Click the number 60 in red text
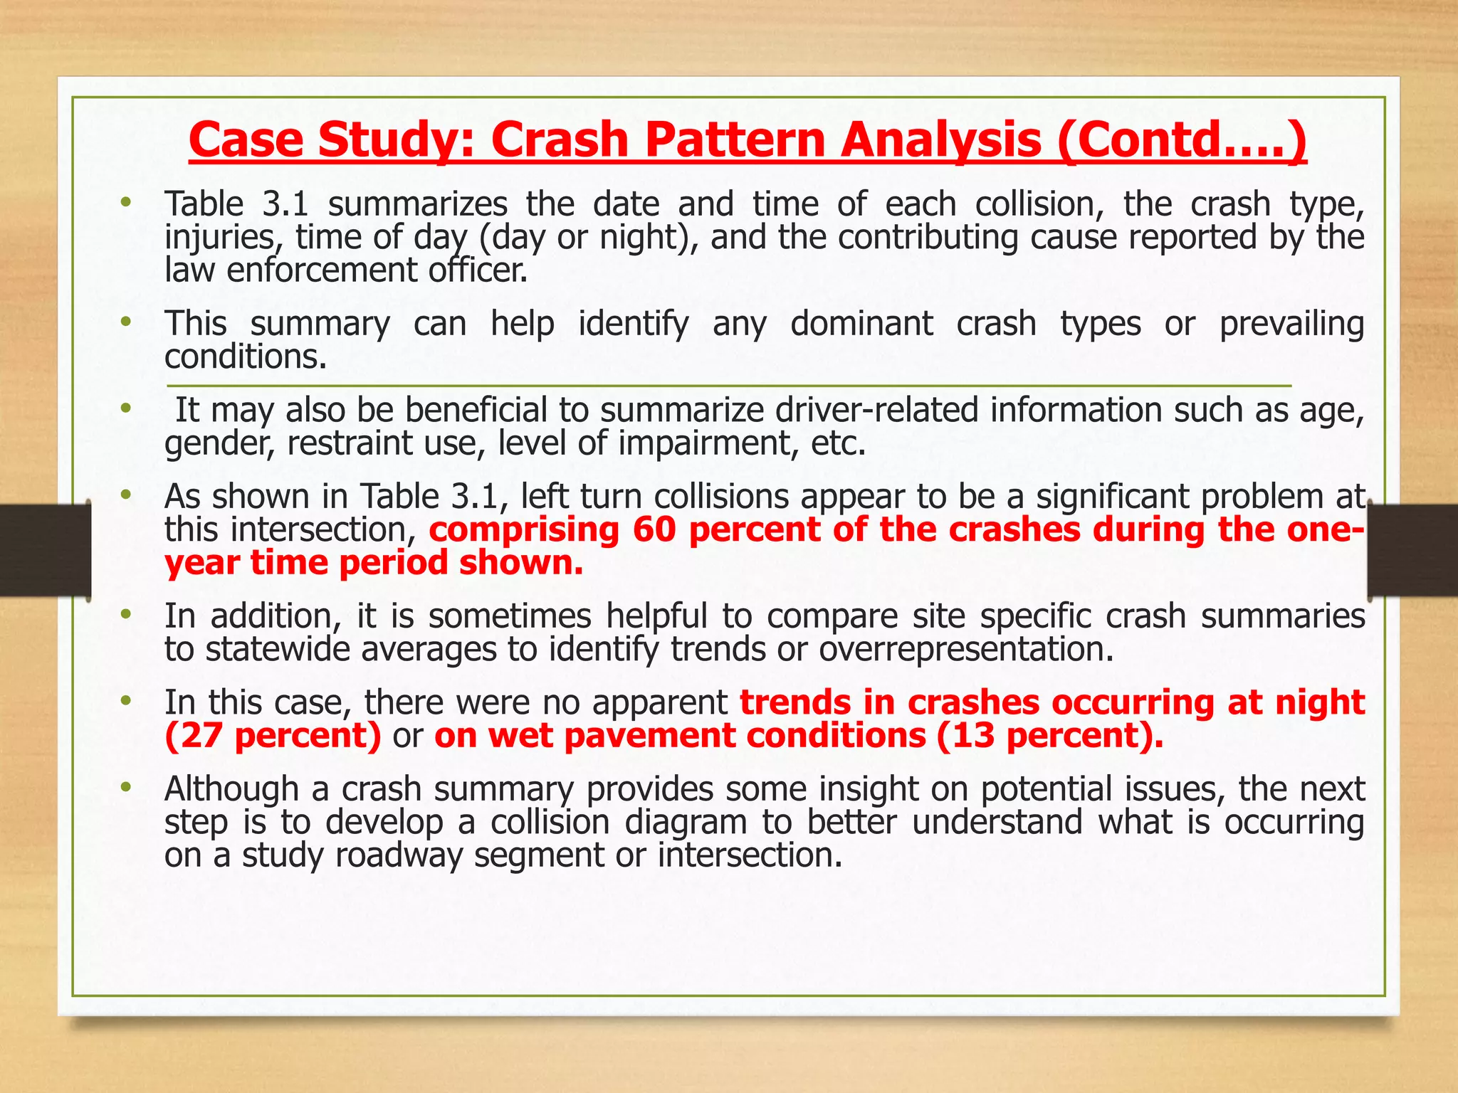point(654,530)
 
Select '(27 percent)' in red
point(273,736)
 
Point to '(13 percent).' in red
point(1050,736)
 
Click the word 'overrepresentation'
point(965,649)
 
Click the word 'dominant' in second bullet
point(861,324)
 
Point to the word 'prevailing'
point(1291,324)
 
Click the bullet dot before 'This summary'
point(126,322)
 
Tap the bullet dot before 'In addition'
point(126,614)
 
